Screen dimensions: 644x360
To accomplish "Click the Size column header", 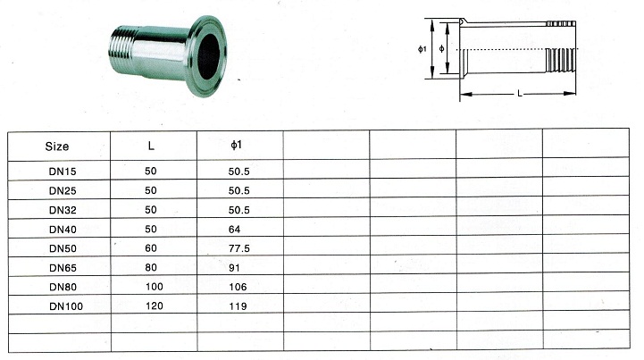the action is click(x=56, y=147).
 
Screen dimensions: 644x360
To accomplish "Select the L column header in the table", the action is click(x=151, y=146).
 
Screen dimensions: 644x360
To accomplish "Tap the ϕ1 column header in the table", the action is click(x=236, y=145).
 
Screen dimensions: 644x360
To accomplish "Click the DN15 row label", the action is click(x=63, y=172).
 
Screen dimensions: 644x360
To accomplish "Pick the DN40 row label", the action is click(x=63, y=230).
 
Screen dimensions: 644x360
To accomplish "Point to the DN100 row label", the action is click(x=66, y=306).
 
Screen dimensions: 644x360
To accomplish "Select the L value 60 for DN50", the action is click(x=151, y=248).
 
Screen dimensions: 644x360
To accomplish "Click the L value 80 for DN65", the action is click(x=151, y=267).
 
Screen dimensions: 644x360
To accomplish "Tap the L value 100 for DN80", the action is click(x=155, y=287).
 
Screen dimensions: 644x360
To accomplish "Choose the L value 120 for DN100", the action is click(x=155, y=306).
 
